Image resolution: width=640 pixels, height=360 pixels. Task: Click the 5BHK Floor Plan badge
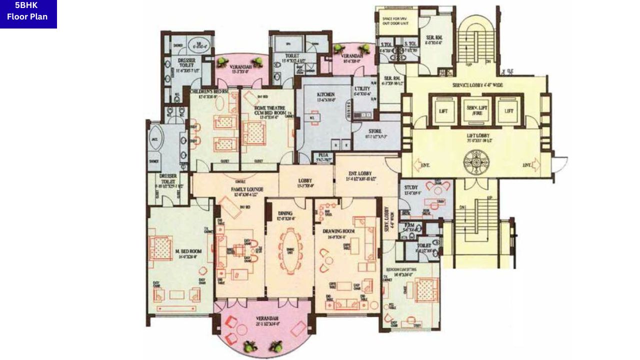[28, 13]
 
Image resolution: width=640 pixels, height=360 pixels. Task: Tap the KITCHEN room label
[325, 94]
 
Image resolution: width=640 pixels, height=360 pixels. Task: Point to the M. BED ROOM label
[188, 250]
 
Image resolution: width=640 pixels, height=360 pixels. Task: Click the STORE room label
[375, 131]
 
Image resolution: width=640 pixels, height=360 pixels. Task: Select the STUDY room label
[410, 187]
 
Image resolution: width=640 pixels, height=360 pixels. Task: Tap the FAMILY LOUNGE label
[247, 189]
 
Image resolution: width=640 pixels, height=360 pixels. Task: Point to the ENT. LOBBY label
[357, 173]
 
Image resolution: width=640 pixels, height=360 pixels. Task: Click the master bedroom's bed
[161, 248]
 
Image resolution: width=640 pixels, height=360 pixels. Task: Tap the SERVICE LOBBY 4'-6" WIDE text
[477, 85]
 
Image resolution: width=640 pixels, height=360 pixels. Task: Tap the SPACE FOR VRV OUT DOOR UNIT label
[396, 20]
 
